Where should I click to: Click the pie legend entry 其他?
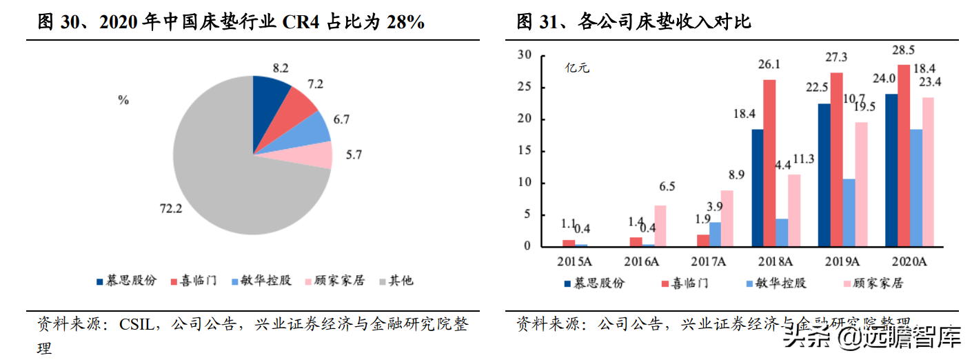401,281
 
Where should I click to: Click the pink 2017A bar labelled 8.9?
727,218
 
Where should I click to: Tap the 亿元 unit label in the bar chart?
577,68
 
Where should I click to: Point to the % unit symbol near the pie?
123,100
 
